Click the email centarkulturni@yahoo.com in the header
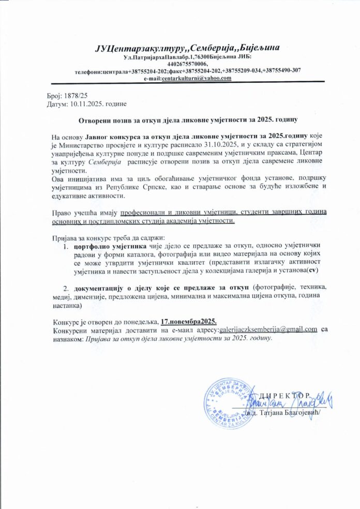pos(196,78)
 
